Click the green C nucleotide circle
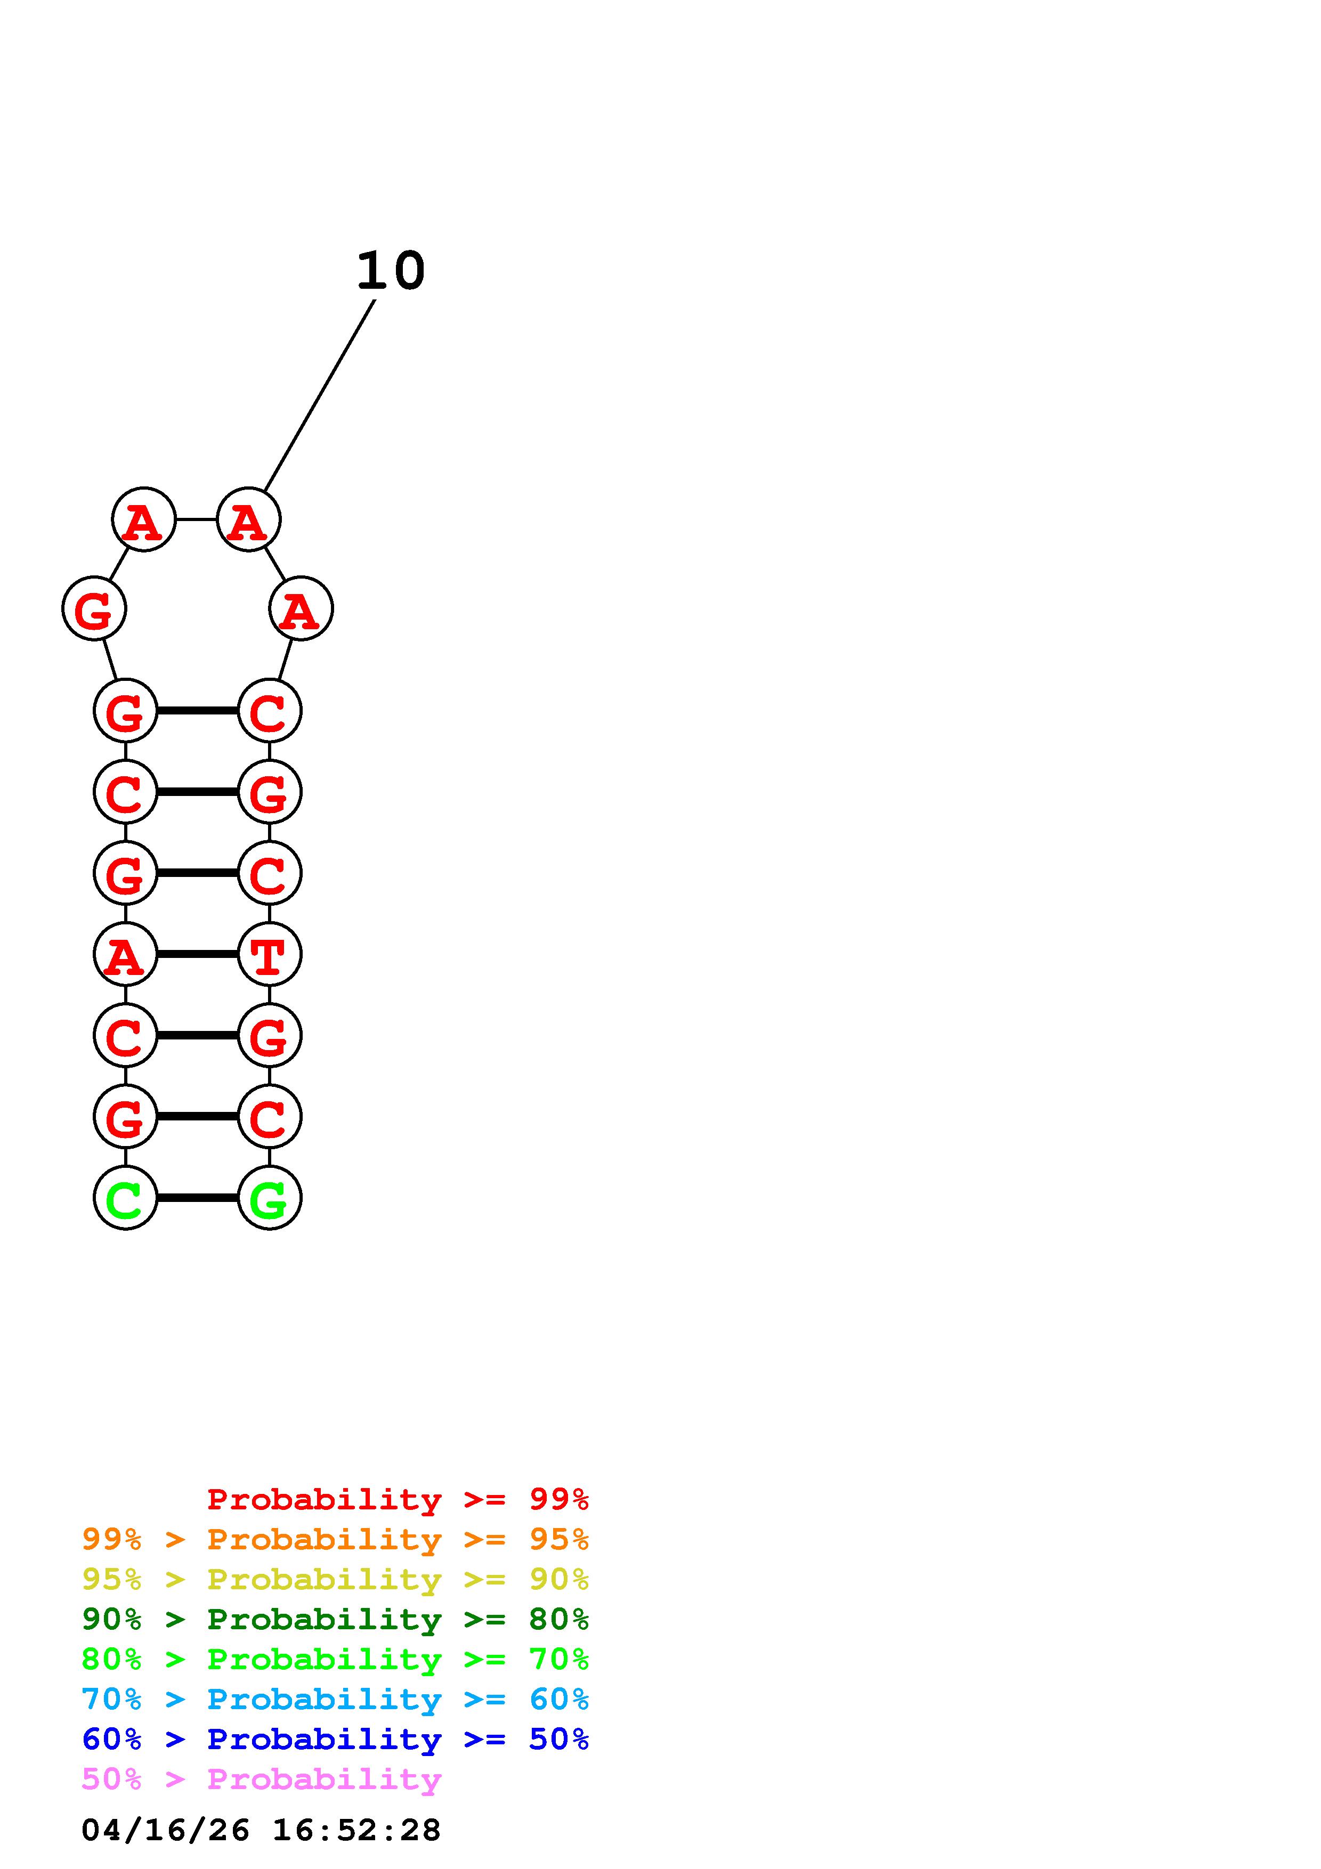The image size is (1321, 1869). (125, 1198)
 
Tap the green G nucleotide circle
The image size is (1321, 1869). (270, 1198)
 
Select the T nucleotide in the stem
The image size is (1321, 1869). (270, 954)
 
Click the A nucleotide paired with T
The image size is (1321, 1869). (125, 954)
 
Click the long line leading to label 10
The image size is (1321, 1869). (320, 396)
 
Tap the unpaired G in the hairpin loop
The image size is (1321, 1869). (94, 608)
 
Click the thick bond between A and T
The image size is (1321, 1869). (197, 954)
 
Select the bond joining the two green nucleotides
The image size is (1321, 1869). (197, 1198)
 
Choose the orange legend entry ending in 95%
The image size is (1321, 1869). (335, 1539)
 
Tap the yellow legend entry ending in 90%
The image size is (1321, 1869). (335, 1579)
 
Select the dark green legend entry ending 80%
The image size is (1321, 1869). (335, 1619)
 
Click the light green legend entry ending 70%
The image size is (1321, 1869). (335, 1659)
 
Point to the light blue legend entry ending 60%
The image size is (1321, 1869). (335, 1699)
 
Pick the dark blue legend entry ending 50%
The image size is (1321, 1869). (335, 1739)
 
